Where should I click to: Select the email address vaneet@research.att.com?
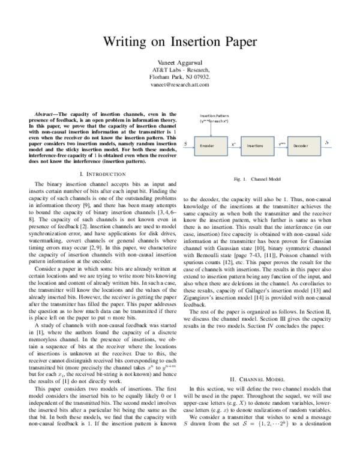tap(180, 85)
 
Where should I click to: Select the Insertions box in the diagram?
tap(255, 145)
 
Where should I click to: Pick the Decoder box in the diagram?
tap(301, 145)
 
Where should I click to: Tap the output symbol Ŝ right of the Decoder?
tap(327, 144)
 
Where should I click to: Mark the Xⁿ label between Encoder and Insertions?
tap(233, 143)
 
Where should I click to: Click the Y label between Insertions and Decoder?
tap(281, 143)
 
